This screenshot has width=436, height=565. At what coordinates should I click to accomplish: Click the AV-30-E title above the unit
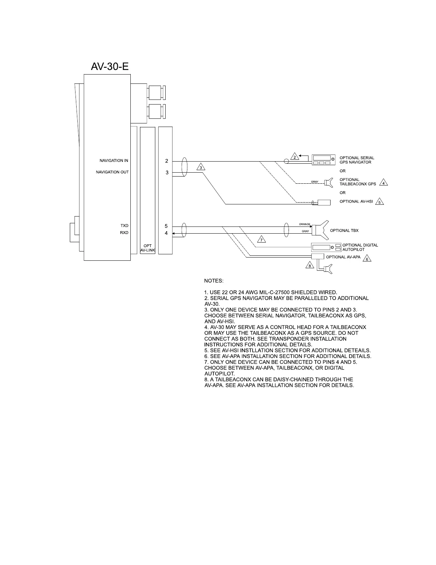coord(110,66)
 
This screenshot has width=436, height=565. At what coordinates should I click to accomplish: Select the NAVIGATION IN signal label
coord(114,161)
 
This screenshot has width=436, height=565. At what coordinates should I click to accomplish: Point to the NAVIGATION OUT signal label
coord(112,172)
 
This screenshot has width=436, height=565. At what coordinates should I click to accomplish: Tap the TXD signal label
coord(124,226)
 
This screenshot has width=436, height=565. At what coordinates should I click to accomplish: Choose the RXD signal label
coord(124,233)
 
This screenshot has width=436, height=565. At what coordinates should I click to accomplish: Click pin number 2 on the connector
coord(166,161)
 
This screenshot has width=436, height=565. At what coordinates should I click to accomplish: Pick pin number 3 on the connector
coord(166,173)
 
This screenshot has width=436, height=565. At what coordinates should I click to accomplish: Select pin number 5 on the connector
coord(166,226)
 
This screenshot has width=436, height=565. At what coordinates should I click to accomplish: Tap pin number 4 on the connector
coord(166,233)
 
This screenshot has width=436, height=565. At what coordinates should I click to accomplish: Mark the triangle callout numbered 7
coord(261,239)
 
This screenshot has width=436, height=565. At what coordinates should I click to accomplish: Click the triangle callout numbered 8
coord(310,265)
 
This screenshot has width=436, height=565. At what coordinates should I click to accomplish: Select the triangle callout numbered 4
coord(383,183)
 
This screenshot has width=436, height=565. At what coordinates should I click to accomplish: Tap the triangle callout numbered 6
coord(367,258)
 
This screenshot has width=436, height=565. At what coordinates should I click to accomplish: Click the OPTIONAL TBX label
coord(344,230)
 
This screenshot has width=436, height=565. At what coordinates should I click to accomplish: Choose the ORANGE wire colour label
coord(305,224)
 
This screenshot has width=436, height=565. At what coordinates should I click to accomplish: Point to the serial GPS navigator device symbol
coord(324,160)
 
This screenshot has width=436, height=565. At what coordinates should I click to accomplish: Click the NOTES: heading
coord(214,281)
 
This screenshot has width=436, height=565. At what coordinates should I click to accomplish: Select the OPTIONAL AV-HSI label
coord(356,202)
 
